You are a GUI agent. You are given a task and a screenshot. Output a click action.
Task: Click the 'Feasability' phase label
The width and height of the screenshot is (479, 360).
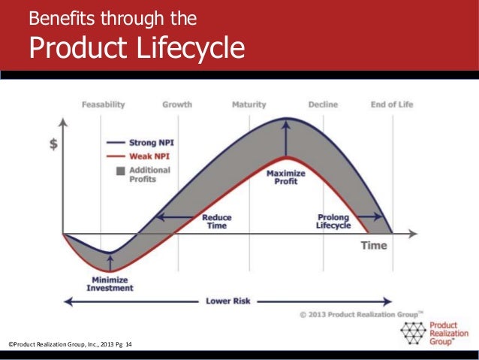[x=104, y=104]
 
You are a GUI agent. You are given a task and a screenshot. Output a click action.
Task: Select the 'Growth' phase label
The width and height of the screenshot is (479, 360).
[x=177, y=104]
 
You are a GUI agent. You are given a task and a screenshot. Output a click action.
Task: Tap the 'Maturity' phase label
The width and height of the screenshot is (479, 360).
[x=249, y=104]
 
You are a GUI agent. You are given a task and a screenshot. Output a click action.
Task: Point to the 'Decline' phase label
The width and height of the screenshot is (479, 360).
[x=323, y=104]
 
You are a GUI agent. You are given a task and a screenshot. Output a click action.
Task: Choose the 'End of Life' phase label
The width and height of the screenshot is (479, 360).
[x=391, y=104]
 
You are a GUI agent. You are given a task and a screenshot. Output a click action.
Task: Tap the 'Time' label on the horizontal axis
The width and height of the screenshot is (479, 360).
[x=374, y=246]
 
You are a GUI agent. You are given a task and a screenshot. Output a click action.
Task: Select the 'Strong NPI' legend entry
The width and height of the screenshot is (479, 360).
[x=148, y=141]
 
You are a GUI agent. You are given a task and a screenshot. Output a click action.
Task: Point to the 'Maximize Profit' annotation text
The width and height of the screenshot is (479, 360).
[x=285, y=177]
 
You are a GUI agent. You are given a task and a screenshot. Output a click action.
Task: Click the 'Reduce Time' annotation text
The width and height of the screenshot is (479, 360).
[x=216, y=222]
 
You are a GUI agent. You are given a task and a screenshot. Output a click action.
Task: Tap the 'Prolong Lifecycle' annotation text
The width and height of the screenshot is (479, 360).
[x=333, y=222]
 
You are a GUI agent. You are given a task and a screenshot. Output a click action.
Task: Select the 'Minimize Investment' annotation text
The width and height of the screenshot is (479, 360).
[x=110, y=283]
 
